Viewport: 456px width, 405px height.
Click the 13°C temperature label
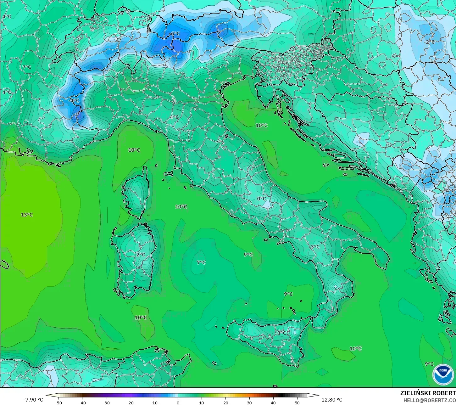pos(27,215)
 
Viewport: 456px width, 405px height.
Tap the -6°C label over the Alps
pos(174,34)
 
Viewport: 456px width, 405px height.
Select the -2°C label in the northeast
pos(429,42)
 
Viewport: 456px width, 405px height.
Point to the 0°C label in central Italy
pos(261,199)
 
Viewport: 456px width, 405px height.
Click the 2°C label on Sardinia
pos(141,255)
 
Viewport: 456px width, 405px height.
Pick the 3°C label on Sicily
pos(281,333)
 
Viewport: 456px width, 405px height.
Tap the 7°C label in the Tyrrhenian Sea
pos(201,262)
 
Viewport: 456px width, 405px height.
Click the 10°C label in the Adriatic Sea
pos(261,125)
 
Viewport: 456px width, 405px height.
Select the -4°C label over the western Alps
pos(74,101)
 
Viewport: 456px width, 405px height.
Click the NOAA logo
pos(443,374)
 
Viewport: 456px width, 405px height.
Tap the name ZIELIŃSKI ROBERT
pos(428,393)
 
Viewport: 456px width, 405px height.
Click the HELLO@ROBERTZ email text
pos(430,400)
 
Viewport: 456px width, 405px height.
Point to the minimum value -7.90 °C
pos(33,400)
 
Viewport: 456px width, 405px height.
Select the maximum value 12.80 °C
pos(332,400)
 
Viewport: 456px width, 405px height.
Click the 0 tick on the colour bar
pos(178,402)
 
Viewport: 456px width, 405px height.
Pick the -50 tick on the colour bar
pos(58,402)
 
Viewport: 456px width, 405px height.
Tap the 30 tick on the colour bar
pos(249,402)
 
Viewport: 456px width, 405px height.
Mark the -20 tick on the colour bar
pos(130,402)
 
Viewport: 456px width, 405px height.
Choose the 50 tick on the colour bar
pos(297,402)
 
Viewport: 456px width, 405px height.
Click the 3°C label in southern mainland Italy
pos(315,247)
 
